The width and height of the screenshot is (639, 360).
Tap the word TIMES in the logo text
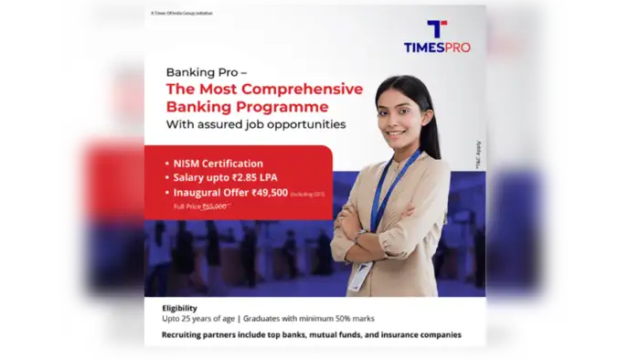coord(422,47)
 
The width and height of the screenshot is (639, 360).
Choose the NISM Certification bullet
coord(218,163)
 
